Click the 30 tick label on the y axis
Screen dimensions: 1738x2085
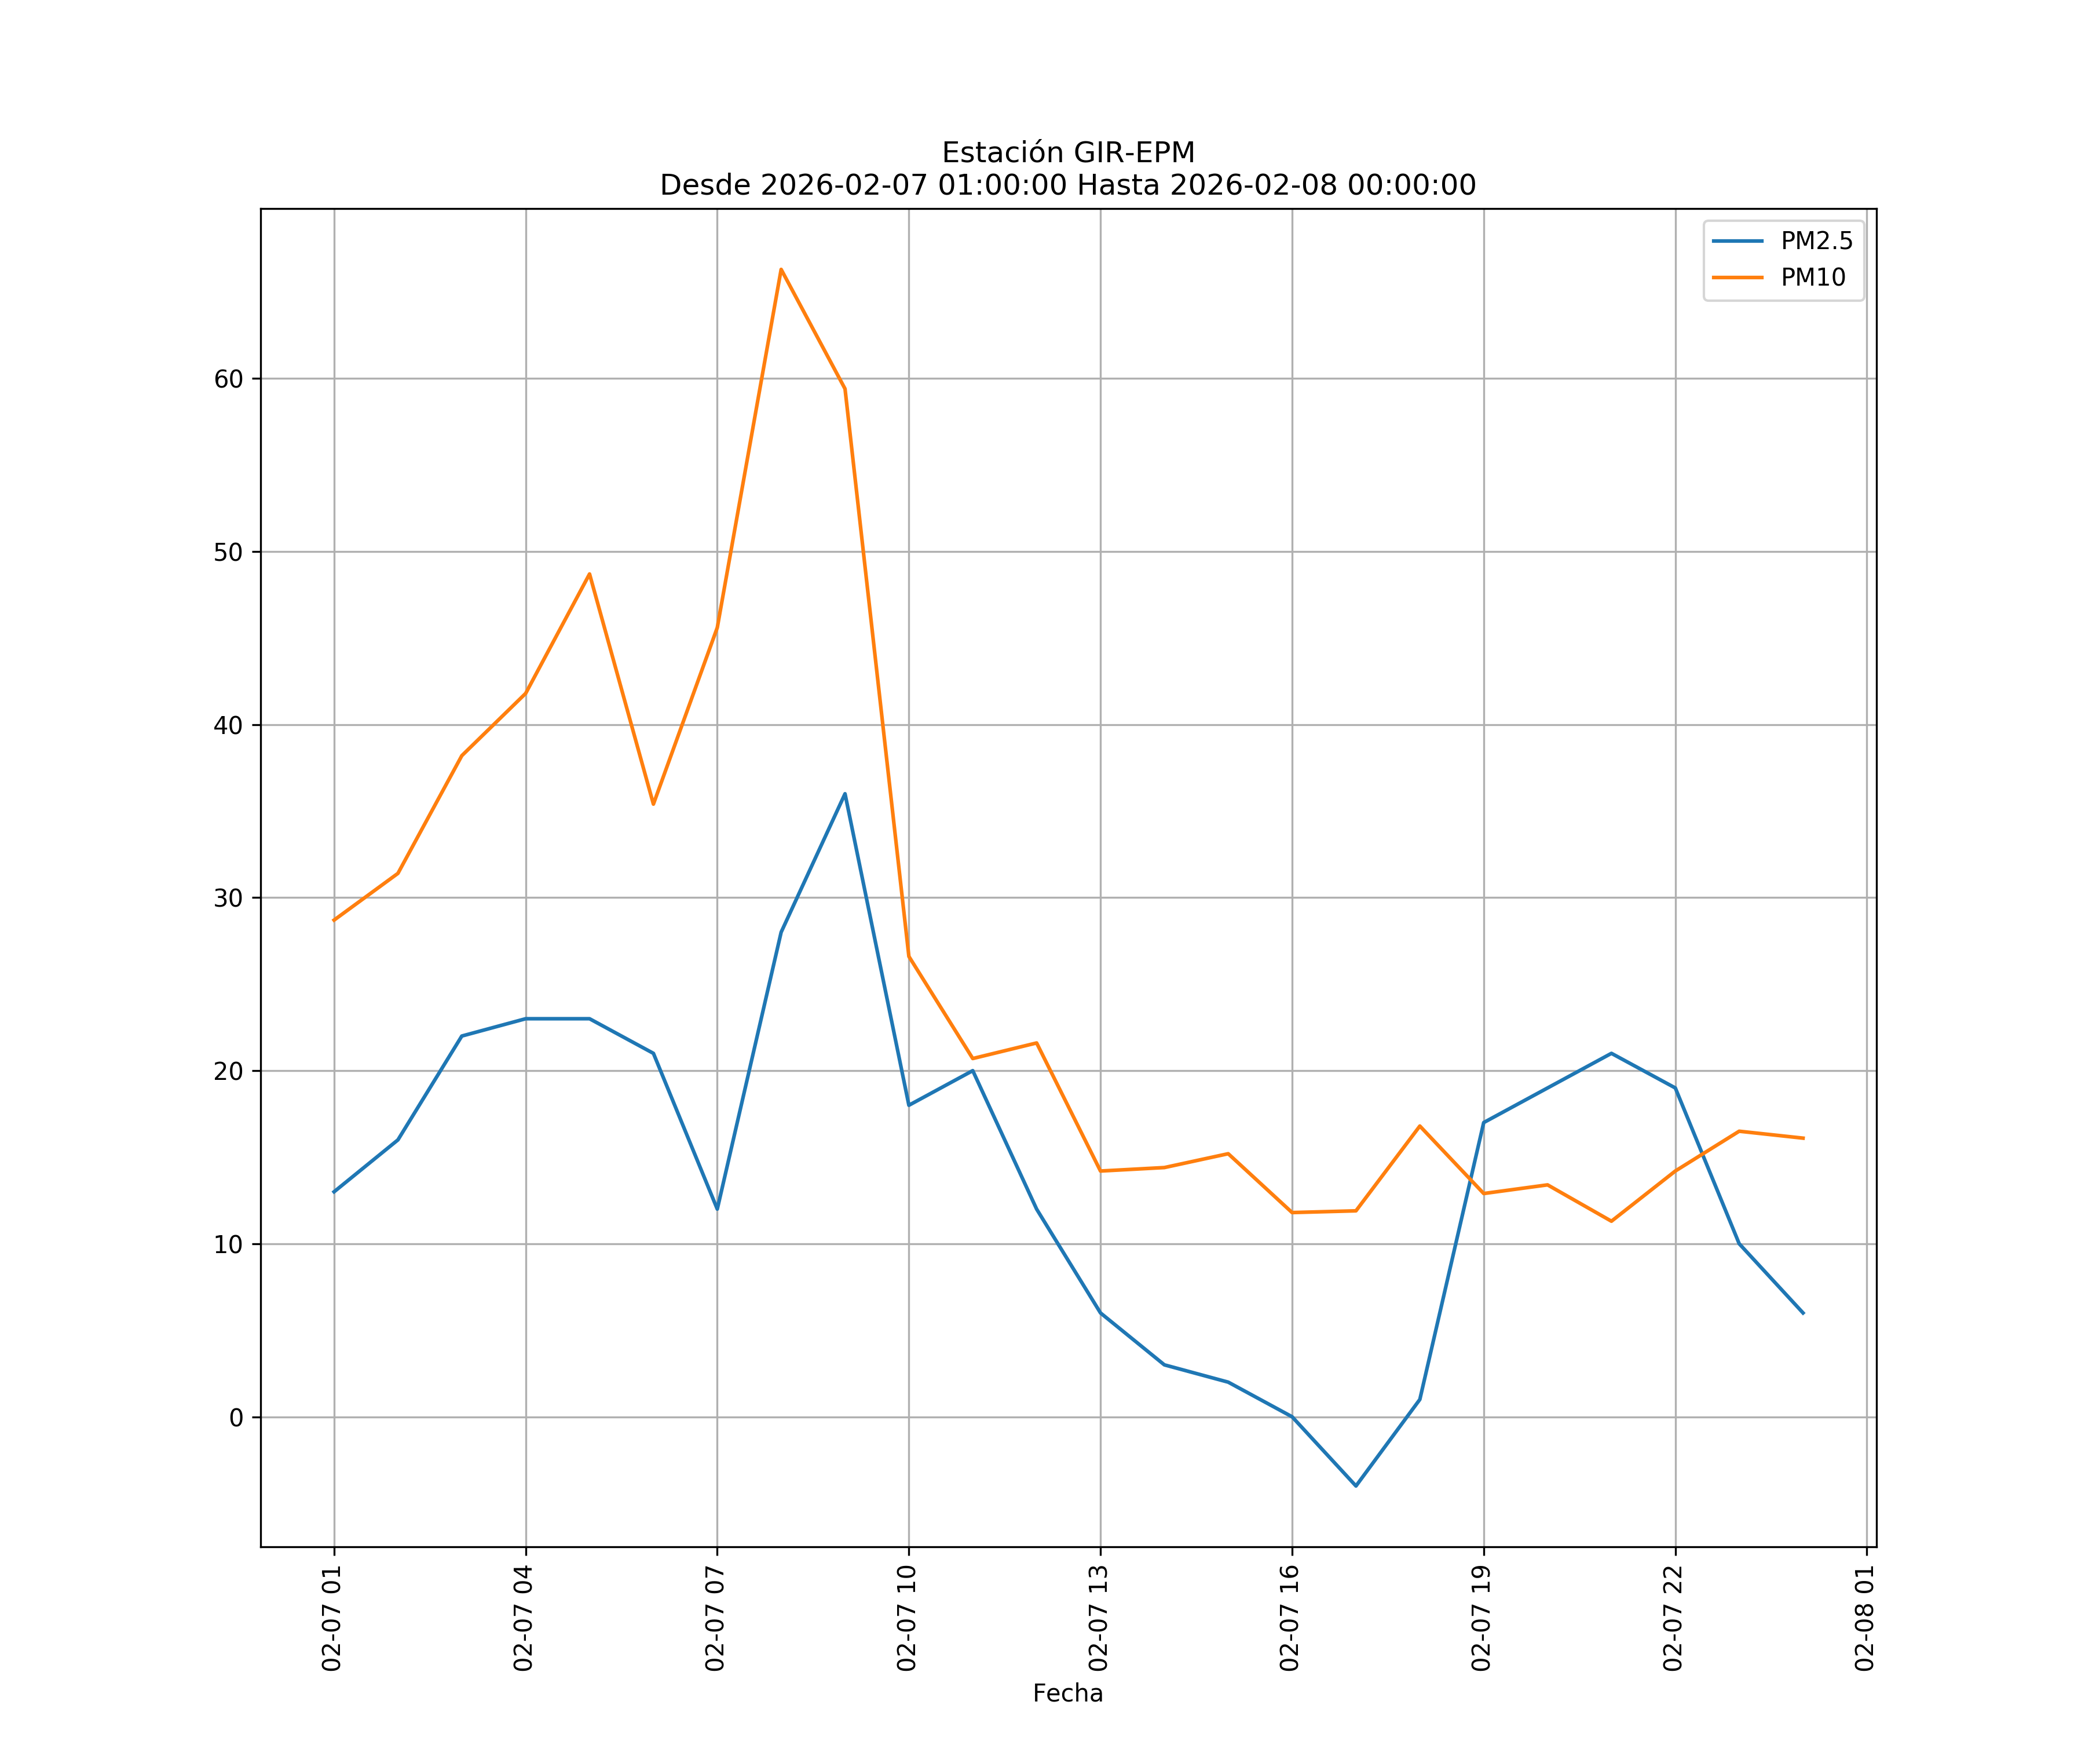(228, 898)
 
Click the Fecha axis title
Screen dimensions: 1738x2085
(1067, 1693)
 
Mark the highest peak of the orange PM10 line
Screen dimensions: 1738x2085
(781, 269)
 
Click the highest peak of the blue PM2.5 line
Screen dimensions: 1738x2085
(845, 794)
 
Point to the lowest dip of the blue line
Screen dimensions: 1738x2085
(1355, 1486)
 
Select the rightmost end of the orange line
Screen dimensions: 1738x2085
(1803, 1138)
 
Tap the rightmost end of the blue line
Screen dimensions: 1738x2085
(1803, 1313)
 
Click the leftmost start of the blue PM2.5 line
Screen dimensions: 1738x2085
(334, 1192)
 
